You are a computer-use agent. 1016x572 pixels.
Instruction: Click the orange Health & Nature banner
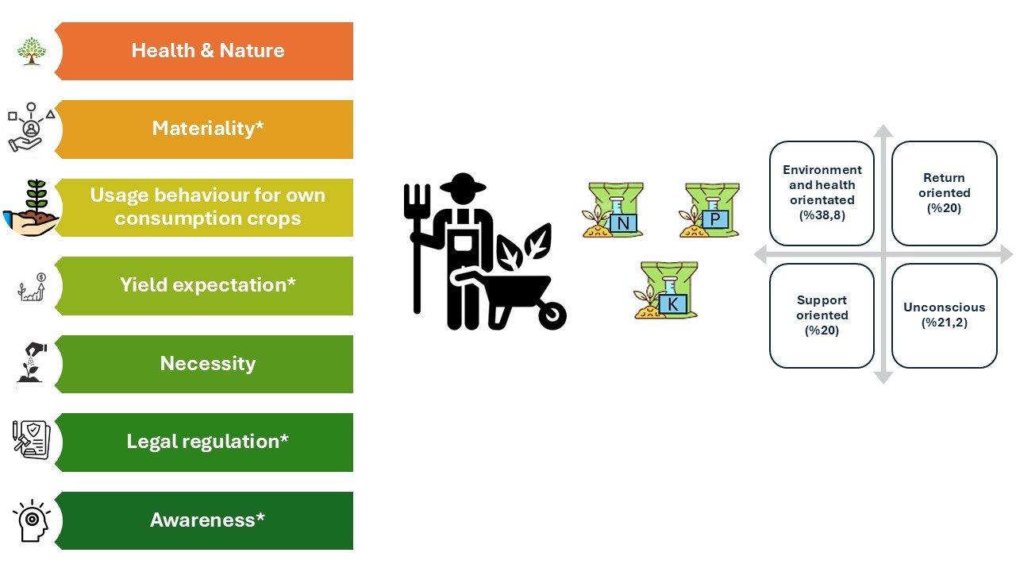pyautogui.click(x=208, y=51)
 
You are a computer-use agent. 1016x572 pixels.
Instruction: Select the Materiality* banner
pyautogui.click(x=208, y=129)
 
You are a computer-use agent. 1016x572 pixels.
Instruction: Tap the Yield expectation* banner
pyautogui.click(x=208, y=285)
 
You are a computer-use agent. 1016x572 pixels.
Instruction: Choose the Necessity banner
pyautogui.click(x=208, y=364)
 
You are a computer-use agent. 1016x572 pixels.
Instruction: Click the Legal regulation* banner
pyautogui.click(x=208, y=442)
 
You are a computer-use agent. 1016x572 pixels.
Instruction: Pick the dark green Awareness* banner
pyautogui.click(x=208, y=520)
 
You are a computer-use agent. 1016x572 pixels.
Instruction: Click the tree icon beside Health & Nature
pyautogui.click(x=32, y=51)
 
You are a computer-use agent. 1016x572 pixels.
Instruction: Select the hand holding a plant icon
pyautogui.click(x=31, y=208)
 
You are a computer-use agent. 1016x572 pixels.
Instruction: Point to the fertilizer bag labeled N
pyautogui.click(x=614, y=211)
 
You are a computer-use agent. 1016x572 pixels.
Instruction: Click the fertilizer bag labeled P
pyautogui.click(x=710, y=211)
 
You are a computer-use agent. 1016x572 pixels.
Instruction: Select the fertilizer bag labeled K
pyautogui.click(x=666, y=291)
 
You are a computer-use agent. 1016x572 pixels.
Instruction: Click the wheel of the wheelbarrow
pyautogui.click(x=551, y=315)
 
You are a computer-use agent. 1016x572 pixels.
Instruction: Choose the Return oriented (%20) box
pyautogui.click(x=944, y=193)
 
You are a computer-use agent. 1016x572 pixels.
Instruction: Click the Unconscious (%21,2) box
pyautogui.click(x=944, y=315)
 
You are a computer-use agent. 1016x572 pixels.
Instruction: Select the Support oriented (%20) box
pyautogui.click(x=822, y=315)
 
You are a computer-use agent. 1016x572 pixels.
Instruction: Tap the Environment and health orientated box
pyautogui.click(x=822, y=193)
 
